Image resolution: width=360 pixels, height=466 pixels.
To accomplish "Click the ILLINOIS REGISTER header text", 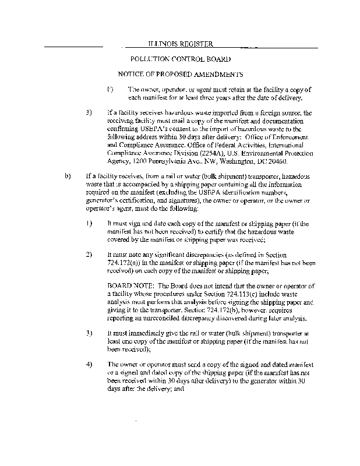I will pos(180,44).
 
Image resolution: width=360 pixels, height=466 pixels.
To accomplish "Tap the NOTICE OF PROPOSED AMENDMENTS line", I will pos(181,75).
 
